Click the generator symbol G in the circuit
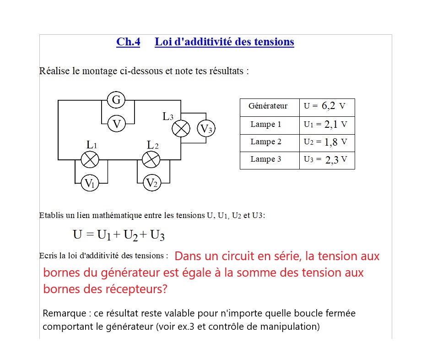[117, 100]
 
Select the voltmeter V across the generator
[117, 124]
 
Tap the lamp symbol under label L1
[90, 159]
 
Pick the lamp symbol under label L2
[151, 159]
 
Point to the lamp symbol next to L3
[181, 129]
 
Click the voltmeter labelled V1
[90, 183]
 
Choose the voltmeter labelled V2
[151, 183]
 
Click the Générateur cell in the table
[268, 106]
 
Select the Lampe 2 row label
[266, 142]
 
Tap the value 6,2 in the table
[329, 106]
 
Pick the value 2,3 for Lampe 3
[332, 160]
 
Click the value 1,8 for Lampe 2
[331, 142]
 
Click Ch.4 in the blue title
[128, 42]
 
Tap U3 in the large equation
[157, 235]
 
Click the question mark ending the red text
[165, 289]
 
